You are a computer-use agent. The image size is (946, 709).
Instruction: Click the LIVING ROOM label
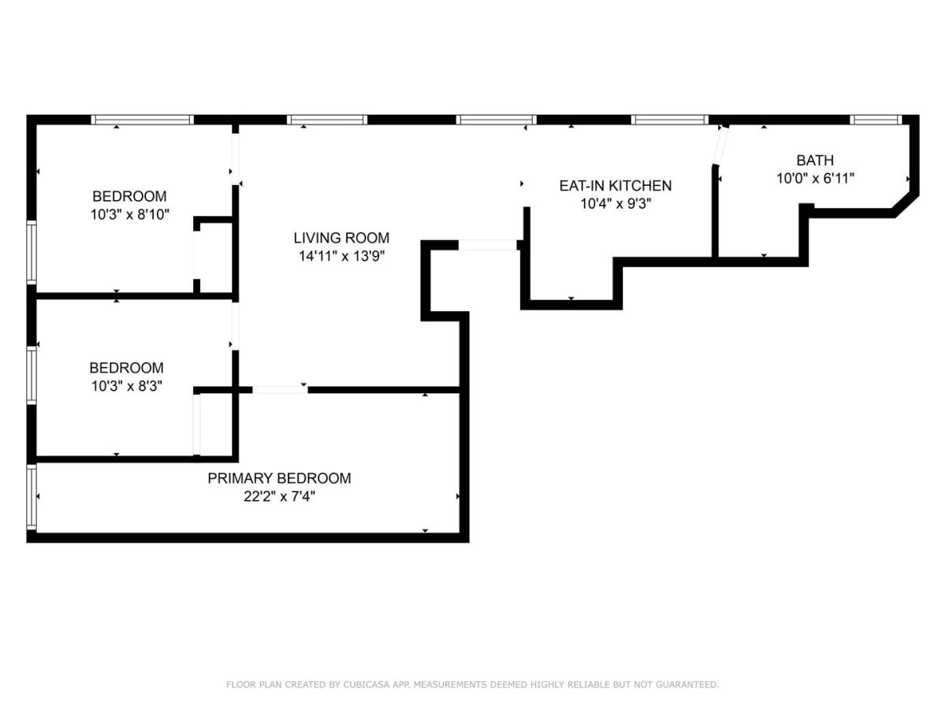point(341,238)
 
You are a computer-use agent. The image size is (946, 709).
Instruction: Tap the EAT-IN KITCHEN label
point(616,186)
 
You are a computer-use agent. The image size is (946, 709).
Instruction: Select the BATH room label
point(815,160)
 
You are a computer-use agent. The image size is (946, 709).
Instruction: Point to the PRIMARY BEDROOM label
point(279,478)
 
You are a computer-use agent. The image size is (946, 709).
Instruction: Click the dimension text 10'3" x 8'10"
point(130,214)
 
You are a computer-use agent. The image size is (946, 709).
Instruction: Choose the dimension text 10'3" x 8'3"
point(127,386)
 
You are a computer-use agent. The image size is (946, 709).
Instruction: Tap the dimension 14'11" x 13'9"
point(342,256)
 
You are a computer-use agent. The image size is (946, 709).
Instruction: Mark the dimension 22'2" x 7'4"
point(279,497)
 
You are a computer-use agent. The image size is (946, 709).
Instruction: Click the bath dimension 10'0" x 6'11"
point(815,178)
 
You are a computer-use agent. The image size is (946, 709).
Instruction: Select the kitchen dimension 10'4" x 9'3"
point(616,203)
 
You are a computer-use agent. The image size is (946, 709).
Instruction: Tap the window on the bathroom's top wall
point(876,120)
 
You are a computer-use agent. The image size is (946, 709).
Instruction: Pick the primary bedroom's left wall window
point(32,496)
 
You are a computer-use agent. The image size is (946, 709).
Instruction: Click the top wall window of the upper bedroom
point(142,120)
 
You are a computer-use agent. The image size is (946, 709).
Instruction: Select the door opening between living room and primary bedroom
point(280,390)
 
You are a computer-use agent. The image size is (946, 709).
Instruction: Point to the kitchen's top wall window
point(670,120)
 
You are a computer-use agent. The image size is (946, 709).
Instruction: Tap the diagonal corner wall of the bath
point(905,206)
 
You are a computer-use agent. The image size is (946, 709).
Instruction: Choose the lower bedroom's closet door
point(196,425)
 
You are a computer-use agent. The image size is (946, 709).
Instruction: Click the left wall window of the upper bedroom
point(32,252)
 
